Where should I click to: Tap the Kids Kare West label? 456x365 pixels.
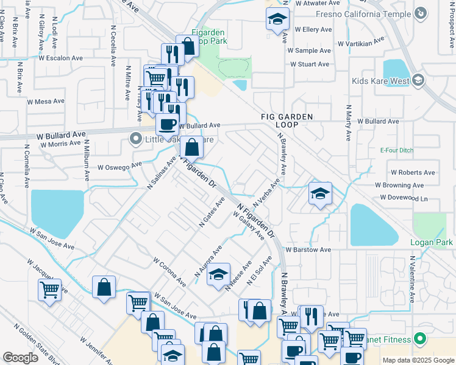(380, 80)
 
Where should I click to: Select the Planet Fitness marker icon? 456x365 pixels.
(419, 339)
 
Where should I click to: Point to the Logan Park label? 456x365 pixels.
(432, 242)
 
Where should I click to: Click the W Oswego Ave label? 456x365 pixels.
(119, 166)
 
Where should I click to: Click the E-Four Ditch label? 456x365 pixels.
(396, 150)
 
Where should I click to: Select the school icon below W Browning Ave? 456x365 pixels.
(320, 193)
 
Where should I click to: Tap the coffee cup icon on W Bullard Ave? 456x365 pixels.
(167, 124)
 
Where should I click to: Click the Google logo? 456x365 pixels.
(20, 358)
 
